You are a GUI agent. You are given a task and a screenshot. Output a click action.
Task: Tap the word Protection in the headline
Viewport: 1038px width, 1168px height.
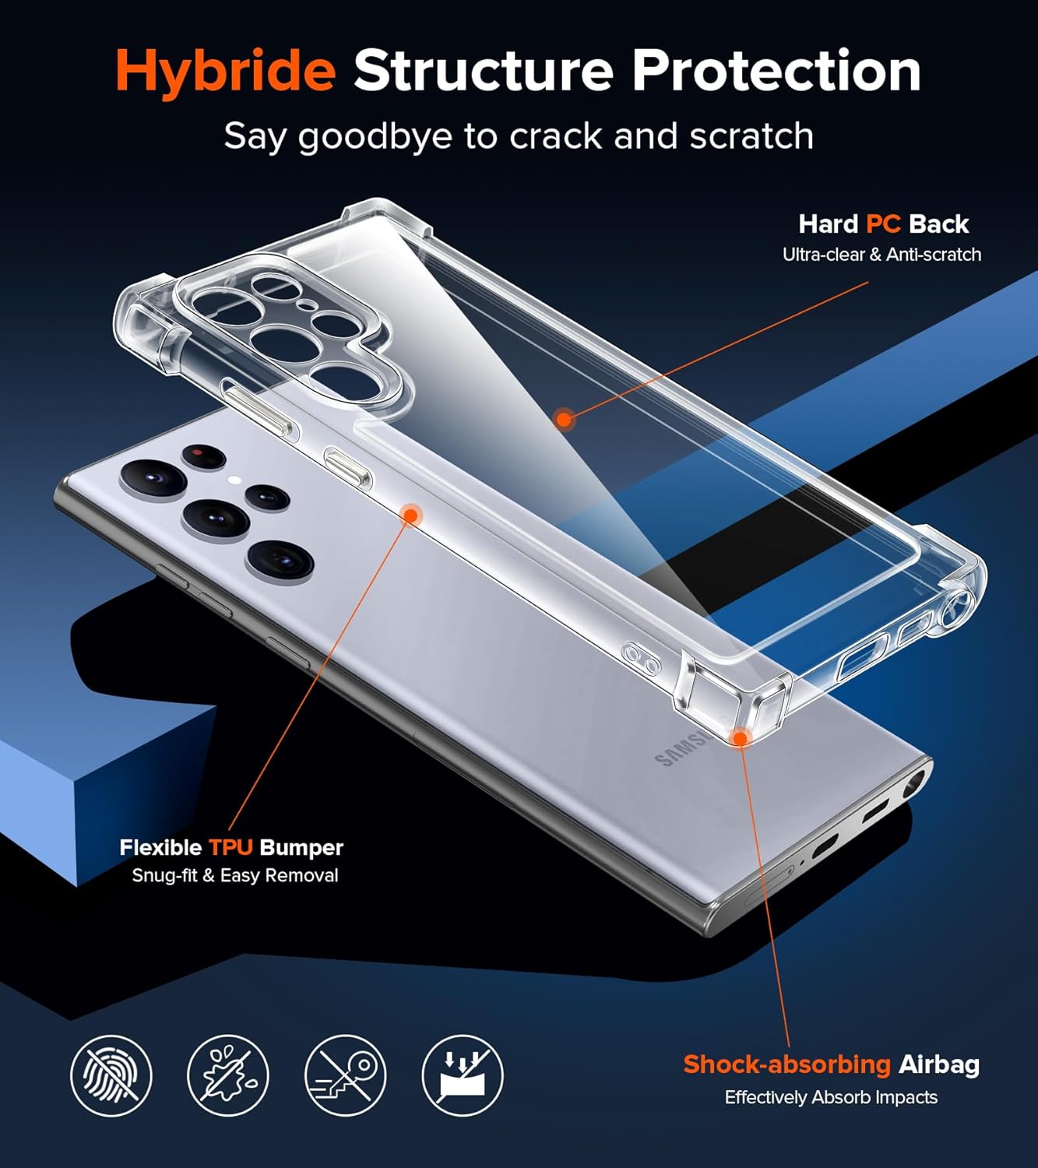pyautogui.click(x=776, y=70)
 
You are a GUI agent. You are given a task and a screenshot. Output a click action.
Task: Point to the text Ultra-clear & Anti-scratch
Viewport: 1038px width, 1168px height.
pyautogui.click(x=881, y=255)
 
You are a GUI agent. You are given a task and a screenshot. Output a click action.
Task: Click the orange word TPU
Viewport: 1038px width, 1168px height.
pyautogui.click(x=230, y=847)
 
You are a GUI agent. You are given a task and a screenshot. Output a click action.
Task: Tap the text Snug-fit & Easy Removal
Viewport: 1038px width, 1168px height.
pyautogui.click(x=235, y=876)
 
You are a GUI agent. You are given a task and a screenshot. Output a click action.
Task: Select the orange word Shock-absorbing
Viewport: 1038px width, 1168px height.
pyautogui.click(x=787, y=1064)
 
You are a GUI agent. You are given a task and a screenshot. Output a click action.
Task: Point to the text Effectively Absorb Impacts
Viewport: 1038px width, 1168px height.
pyautogui.click(x=831, y=1097)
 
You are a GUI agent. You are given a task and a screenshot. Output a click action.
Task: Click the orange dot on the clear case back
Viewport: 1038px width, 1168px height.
pyautogui.click(x=564, y=418)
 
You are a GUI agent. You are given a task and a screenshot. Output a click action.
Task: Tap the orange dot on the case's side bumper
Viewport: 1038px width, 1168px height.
pyautogui.click(x=410, y=515)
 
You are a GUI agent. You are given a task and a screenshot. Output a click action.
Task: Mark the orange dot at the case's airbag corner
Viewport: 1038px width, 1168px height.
pyautogui.click(x=740, y=737)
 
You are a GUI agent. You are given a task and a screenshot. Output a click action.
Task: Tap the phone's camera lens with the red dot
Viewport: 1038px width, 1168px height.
pyautogui.click(x=203, y=456)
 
